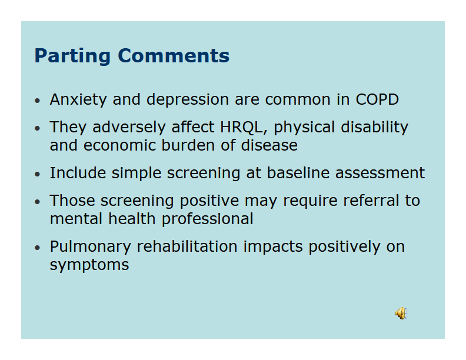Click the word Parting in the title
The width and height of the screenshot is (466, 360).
pos(72,56)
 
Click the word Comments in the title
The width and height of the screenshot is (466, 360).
pos(174,55)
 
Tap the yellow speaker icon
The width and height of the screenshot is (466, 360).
pos(401,314)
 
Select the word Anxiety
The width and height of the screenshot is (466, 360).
pos(78,100)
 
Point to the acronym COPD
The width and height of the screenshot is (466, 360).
pos(377,99)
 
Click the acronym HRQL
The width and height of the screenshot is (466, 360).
pos(242,128)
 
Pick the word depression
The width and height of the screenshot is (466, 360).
pos(188,100)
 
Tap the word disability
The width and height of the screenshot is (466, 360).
pos(374,128)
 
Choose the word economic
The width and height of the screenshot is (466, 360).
pos(119,145)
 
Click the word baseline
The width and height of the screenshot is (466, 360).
pos(298,173)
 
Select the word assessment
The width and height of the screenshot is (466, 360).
pos(380,173)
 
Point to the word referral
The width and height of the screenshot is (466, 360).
pos(371,201)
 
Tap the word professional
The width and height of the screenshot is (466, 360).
pos(208,219)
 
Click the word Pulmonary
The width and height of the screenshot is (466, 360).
pos(91,247)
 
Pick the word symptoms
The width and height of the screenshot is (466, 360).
pos(89,265)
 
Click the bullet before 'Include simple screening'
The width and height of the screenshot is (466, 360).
pos(37,174)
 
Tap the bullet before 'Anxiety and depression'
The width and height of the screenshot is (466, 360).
pos(37,101)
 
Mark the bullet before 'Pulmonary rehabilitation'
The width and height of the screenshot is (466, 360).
pos(37,248)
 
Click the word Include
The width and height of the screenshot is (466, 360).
pos(78,173)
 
